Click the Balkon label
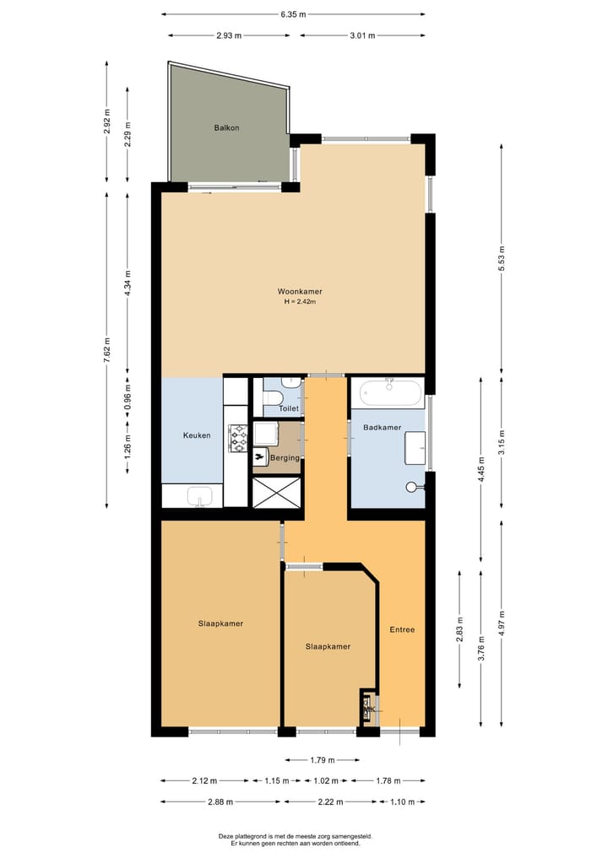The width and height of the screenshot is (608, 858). pyautogui.click(x=226, y=128)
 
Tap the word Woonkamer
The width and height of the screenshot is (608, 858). pyautogui.click(x=300, y=292)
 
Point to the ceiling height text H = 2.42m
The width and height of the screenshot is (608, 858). pyautogui.click(x=300, y=302)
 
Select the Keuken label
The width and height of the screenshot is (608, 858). pyautogui.click(x=197, y=435)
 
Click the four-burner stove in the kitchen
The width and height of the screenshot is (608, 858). pyautogui.click(x=237, y=436)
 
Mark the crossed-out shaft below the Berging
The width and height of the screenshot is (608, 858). pyautogui.click(x=277, y=493)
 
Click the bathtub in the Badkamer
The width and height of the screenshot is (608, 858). pyautogui.click(x=388, y=394)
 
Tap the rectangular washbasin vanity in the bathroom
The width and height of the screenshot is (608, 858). pyautogui.click(x=415, y=447)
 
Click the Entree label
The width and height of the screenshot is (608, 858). pyautogui.click(x=402, y=629)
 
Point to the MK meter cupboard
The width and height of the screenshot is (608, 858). pyautogui.click(x=368, y=709)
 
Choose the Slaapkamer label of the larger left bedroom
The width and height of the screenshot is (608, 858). pyautogui.click(x=220, y=623)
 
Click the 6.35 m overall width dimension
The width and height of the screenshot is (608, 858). pyautogui.click(x=293, y=14)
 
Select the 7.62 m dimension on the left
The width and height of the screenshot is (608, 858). pyautogui.click(x=106, y=349)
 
